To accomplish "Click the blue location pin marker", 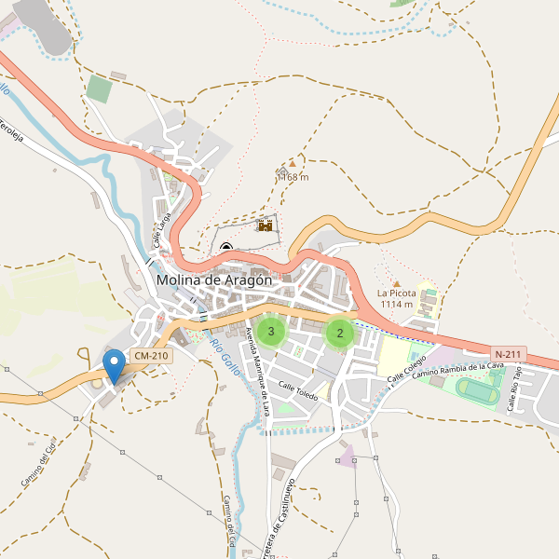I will pyautogui.click(x=114, y=364).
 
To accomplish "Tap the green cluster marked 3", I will pyautogui.click(x=271, y=331).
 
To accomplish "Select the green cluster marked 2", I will pyautogui.click(x=340, y=333).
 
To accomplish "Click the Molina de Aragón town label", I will pyautogui.click(x=214, y=279).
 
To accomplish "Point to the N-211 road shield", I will pyautogui.click(x=509, y=354).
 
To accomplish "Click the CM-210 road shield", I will pyautogui.click(x=151, y=356).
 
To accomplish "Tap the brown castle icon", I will pyautogui.click(x=266, y=225).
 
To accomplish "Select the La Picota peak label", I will pyautogui.click(x=396, y=298).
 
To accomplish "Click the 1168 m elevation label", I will pyautogui.click(x=293, y=177).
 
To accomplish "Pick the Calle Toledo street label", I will pyautogui.click(x=298, y=391).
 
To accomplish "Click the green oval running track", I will pyautogui.click(x=478, y=393).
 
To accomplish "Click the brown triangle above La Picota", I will pyautogui.click(x=396, y=284).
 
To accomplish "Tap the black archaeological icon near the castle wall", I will pyautogui.click(x=227, y=247).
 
